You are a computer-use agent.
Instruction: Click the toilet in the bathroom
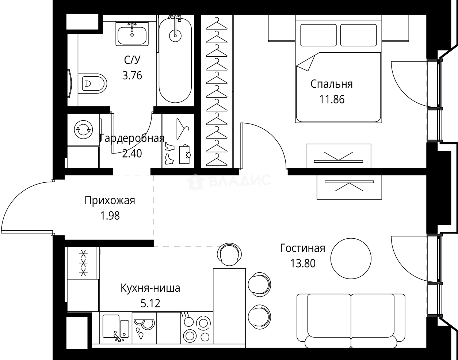click(x=93, y=84)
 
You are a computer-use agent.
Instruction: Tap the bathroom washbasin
click(x=132, y=34)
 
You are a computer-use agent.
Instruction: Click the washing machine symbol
click(x=83, y=129)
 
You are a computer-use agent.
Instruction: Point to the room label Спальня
click(x=331, y=84)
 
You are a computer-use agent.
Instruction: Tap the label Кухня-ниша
click(x=150, y=288)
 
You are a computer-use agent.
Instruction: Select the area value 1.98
click(x=110, y=216)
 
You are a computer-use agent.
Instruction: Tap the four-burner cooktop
click(x=196, y=328)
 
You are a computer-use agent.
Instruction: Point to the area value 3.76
click(x=132, y=76)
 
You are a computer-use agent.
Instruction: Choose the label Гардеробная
click(x=132, y=139)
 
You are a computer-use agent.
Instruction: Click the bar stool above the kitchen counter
click(x=231, y=255)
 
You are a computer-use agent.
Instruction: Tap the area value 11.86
click(x=331, y=99)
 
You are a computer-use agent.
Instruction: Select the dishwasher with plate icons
click(x=144, y=328)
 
